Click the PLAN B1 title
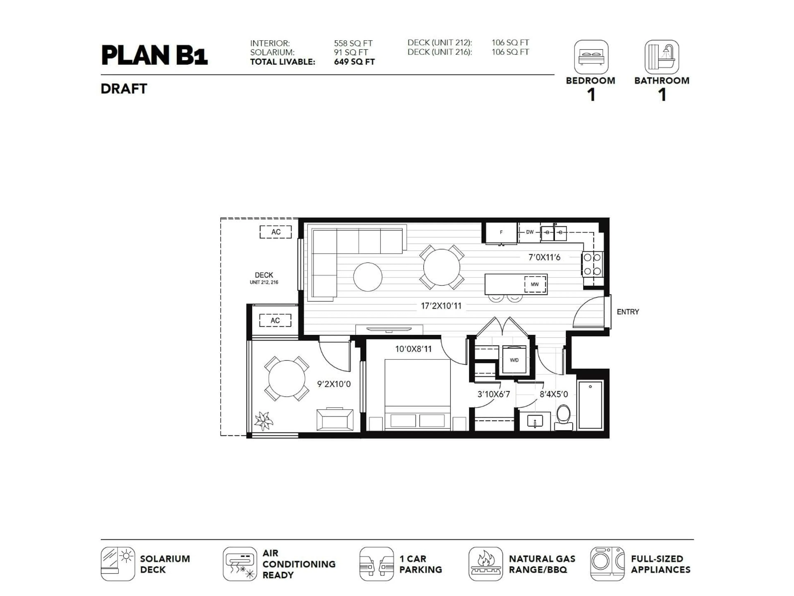[154, 55]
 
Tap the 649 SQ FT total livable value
[354, 62]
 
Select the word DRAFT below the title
[124, 89]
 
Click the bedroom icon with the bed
[591, 57]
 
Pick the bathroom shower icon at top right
[661, 57]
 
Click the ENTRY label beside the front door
[628, 312]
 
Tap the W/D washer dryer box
[514, 360]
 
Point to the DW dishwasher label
[530, 232]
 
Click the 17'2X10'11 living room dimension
[441, 306]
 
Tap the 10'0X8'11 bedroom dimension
[413, 349]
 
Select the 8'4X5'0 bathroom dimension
[554, 394]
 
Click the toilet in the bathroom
[563, 417]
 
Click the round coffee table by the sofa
[368, 277]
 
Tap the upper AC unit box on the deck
[276, 232]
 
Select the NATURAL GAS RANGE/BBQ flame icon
[485, 564]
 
